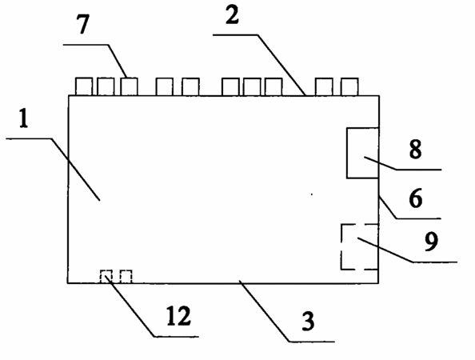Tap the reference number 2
[233, 15]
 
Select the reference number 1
[23, 118]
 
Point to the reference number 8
[415, 149]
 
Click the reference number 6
[416, 198]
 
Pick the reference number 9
[431, 242]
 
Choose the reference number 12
[179, 316]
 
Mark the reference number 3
[308, 322]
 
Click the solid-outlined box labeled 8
[362, 153]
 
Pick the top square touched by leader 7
[129, 86]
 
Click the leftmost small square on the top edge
[84, 86]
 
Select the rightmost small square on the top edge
[349, 86]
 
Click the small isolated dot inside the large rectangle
[312, 194]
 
